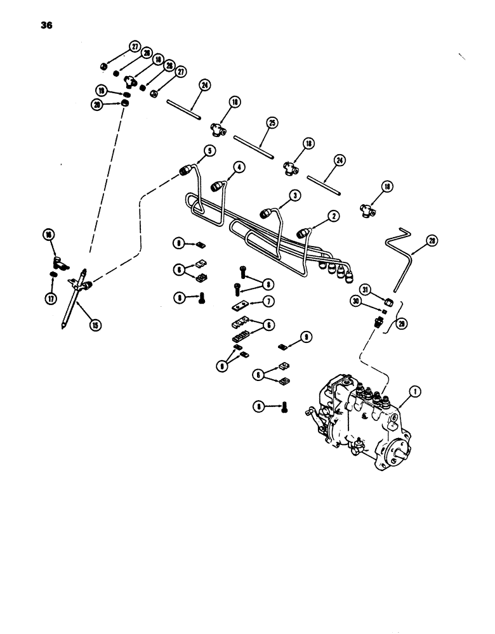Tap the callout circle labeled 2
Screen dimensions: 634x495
pos(333,216)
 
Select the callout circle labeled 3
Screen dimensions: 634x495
pos(295,197)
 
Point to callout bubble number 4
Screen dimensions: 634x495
pos(238,167)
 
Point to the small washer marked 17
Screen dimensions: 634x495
pos(55,274)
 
